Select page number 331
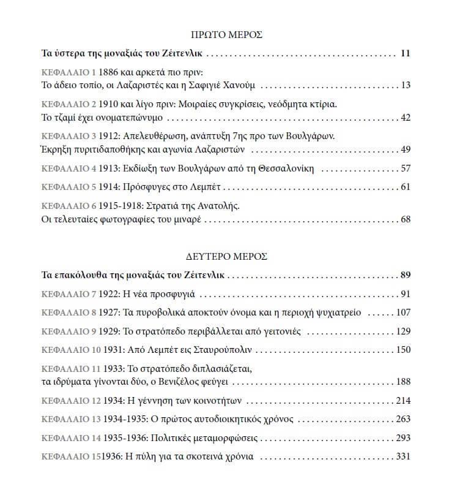(x=403, y=457)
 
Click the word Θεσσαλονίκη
(x=284, y=168)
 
